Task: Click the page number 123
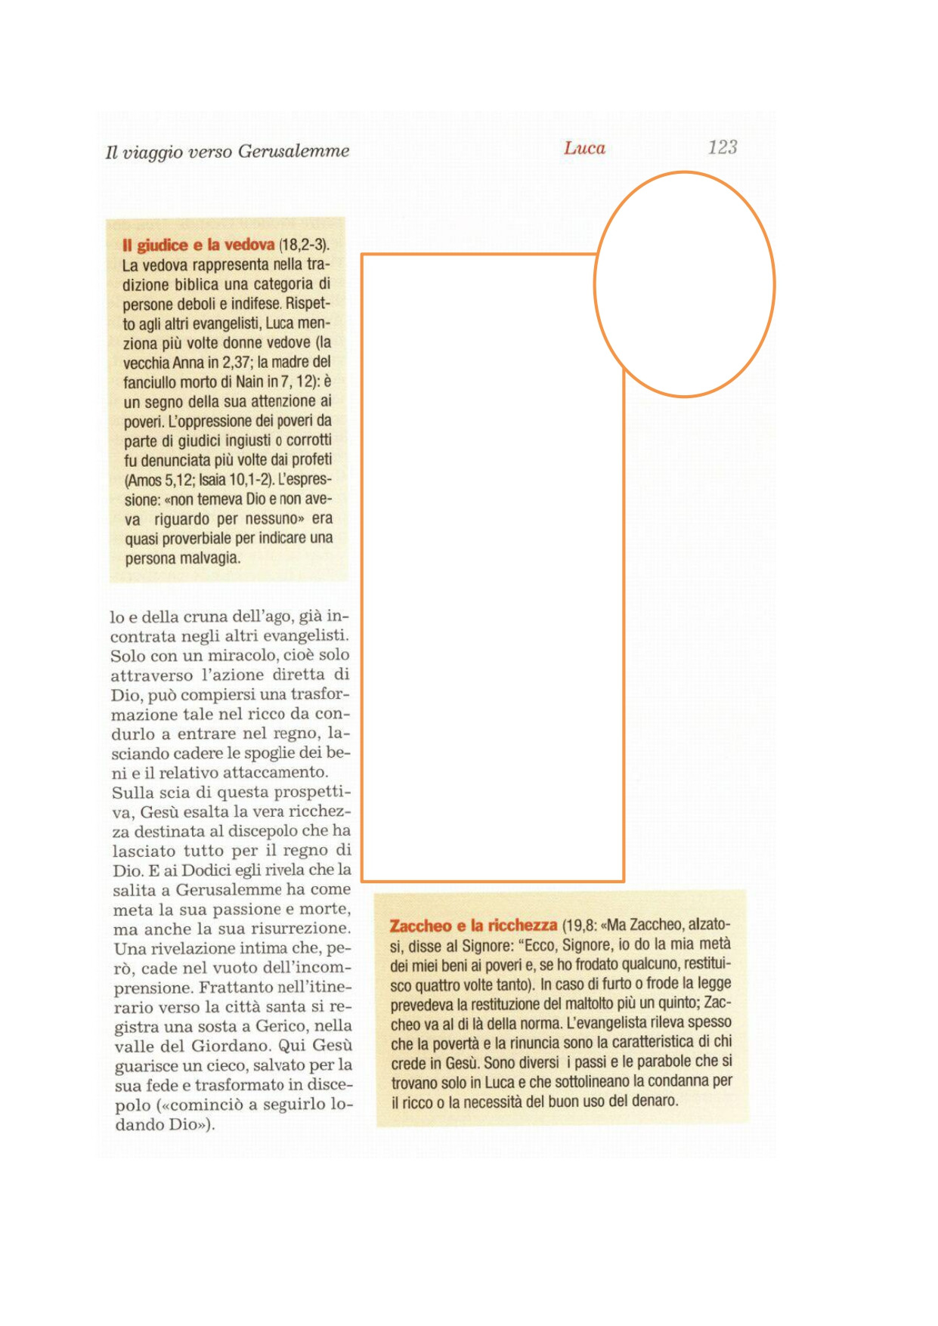point(722,147)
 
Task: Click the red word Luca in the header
point(584,148)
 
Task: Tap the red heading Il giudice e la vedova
point(198,245)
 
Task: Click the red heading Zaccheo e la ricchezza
point(473,926)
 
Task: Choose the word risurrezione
point(302,929)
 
